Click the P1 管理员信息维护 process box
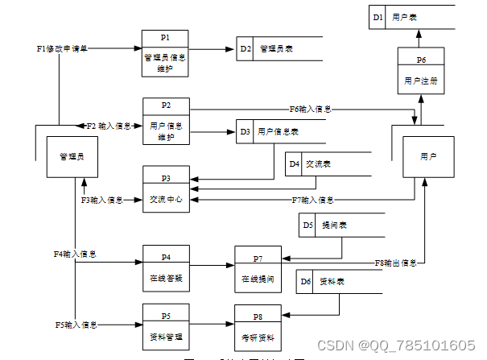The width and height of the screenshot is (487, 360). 165,54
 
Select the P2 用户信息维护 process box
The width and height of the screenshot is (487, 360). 167,121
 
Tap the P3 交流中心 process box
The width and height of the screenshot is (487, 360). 167,189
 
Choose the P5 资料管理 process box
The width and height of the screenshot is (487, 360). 167,325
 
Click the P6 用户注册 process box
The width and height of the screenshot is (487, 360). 420,69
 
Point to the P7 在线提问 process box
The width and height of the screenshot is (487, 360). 258,268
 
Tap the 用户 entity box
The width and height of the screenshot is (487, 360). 428,156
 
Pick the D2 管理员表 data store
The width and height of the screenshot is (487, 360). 279,49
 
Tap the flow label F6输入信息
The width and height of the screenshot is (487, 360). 311,109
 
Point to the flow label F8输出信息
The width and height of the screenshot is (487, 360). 396,263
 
